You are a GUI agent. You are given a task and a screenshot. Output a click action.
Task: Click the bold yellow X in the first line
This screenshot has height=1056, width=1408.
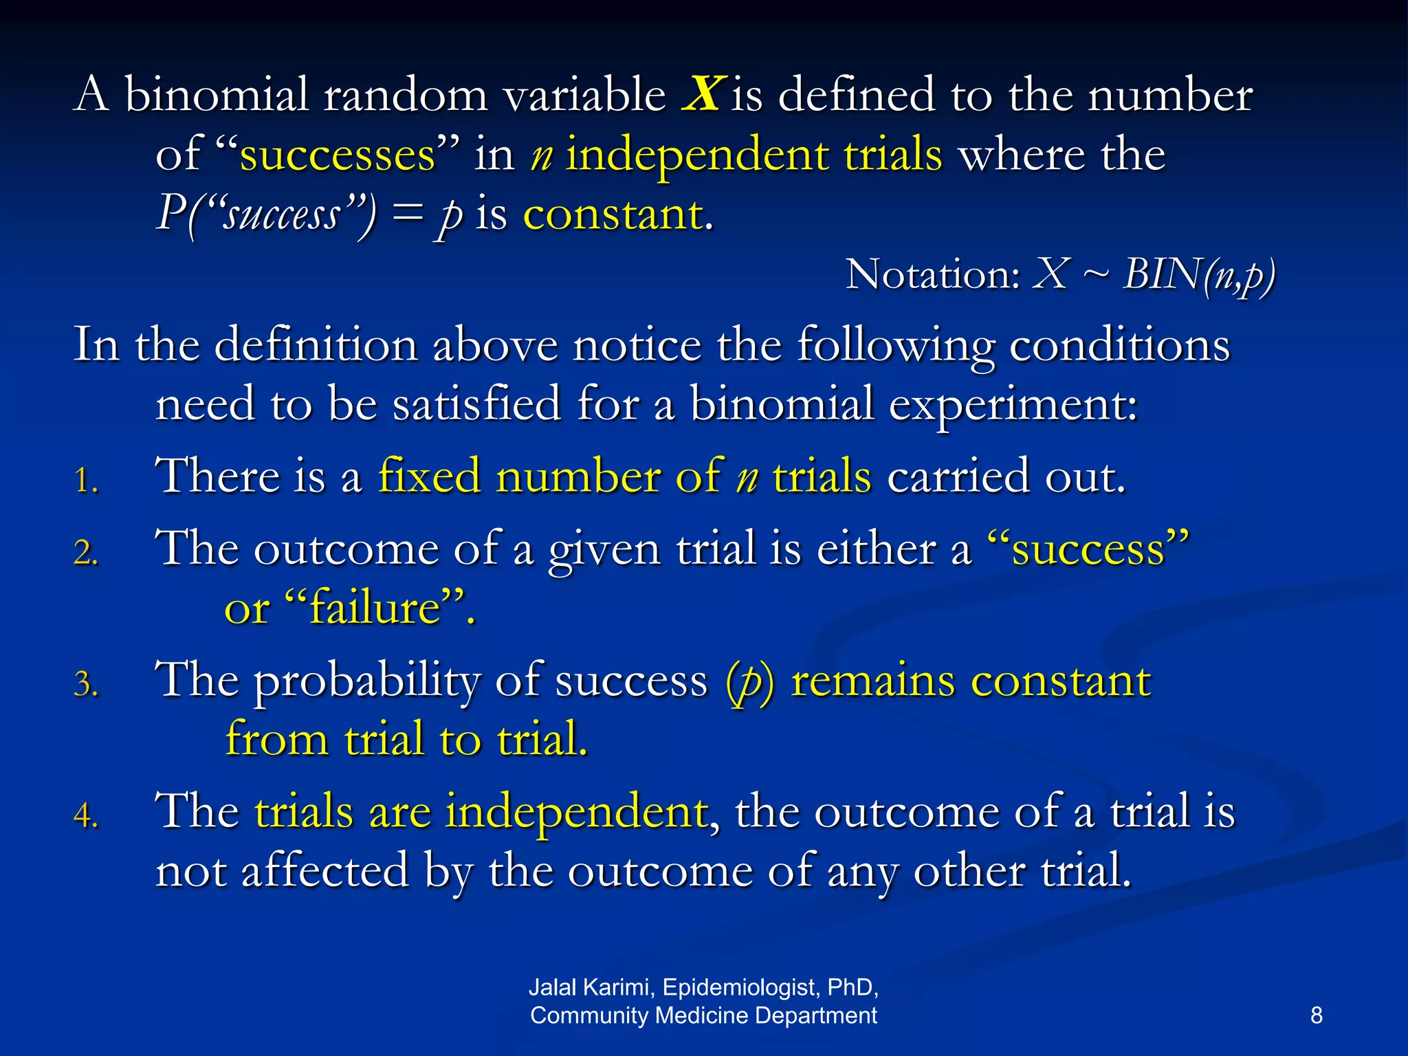pyautogui.click(x=702, y=94)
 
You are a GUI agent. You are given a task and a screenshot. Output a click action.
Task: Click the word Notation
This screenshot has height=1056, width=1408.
pyautogui.click(x=932, y=274)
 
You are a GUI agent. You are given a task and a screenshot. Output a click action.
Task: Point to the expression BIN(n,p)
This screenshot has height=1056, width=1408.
pyautogui.click(x=1199, y=275)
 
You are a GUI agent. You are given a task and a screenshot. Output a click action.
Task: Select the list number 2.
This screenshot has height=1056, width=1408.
pyautogui.click(x=85, y=552)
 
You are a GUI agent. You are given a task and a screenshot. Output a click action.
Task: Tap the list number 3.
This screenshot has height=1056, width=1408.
pyautogui.click(x=85, y=684)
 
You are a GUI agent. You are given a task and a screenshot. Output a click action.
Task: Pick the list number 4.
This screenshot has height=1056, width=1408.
pyautogui.click(x=85, y=815)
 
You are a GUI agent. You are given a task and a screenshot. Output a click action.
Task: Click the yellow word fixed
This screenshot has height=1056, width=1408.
pyautogui.click(x=429, y=476)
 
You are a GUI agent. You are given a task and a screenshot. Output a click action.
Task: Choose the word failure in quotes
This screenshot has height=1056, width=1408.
pyautogui.click(x=375, y=608)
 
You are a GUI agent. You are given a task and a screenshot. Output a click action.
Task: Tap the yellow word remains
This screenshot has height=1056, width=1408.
pyautogui.click(x=872, y=681)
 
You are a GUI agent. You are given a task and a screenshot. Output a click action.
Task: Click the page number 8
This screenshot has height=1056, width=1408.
pyautogui.click(x=1316, y=1015)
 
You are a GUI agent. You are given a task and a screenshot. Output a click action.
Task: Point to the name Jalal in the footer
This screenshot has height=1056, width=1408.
pyautogui.click(x=553, y=987)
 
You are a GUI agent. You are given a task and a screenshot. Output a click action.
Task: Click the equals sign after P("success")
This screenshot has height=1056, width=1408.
pyautogui.click(x=406, y=214)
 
